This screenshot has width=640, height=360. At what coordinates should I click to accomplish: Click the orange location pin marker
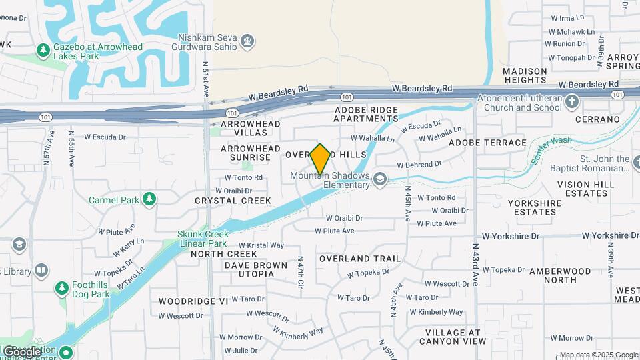click(320, 159)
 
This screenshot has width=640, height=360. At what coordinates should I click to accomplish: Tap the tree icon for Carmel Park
click(150, 199)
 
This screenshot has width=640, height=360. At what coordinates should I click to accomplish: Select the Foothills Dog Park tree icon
click(62, 288)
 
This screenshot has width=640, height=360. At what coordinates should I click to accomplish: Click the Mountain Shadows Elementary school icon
click(380, 179)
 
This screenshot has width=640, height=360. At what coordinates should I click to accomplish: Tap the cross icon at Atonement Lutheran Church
click(571, 102)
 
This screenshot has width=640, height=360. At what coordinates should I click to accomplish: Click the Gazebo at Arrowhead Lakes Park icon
click(43, 50)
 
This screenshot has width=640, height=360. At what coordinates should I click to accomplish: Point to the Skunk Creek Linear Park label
click(203, 239)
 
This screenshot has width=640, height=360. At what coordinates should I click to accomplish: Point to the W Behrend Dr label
click(419, 164)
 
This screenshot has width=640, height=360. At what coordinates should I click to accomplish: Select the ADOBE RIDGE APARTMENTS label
click(366, 114)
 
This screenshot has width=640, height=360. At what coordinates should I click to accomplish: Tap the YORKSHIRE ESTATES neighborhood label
click(541, 207)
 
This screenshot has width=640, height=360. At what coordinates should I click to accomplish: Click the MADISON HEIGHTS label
click(525, 75)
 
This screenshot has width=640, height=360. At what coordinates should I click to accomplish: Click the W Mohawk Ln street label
click(571, 31)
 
